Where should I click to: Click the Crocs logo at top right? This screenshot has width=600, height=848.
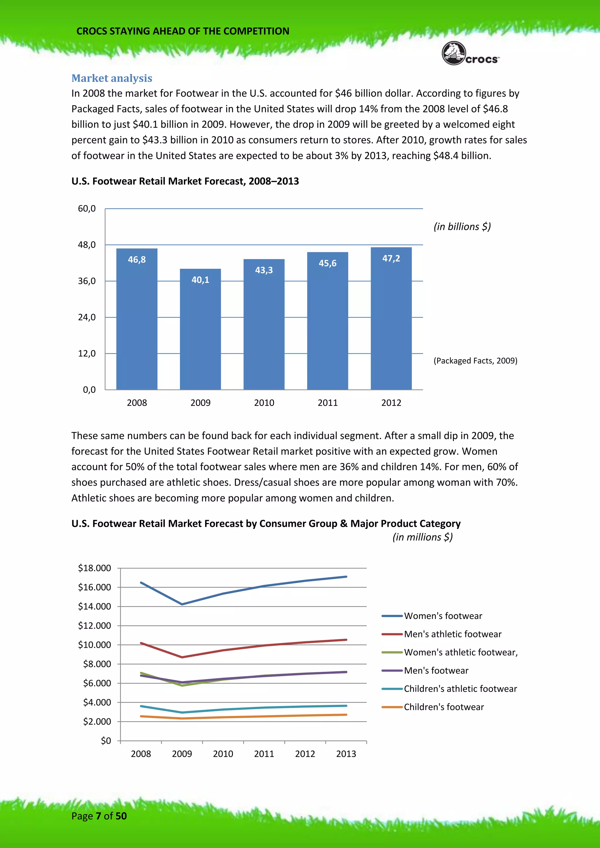pyautogui.click(x=470, y=54)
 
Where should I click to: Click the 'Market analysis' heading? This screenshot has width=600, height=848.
pyautogui.click(x=112, y=78)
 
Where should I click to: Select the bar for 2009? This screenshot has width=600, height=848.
pyautogui.click(x=200, y=329)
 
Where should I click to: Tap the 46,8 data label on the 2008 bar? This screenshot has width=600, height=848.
pyautogui.click(x=137, y=260)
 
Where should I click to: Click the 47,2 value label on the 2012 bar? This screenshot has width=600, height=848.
pyautogui.click(x=391, y=259)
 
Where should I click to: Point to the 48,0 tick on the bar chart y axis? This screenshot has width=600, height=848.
pyautogui.click(x=87, y=245)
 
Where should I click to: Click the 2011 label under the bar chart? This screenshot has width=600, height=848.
pyautogui.click(x=327, y=403)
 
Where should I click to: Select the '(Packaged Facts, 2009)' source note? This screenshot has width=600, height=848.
pyautogui.click(x=475, y=360)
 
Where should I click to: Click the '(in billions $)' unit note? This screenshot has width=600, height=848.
pyautogui.click(x=462, y=226)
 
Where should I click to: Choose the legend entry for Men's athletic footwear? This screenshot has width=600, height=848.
pyautogui.click(x=452, y=634)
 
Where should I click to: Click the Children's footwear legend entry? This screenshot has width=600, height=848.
pyautogui.click(x=443, y=707)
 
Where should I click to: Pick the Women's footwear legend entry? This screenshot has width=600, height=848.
pyautogui.click(x=443, y=616)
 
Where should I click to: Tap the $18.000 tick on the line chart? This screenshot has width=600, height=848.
pyautogui.click(x=95, y=568)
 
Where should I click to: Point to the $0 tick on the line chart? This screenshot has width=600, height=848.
pyautogui.click(x=106, y=741)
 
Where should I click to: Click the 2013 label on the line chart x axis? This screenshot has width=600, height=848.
pyautogui.click(x=346, y=754)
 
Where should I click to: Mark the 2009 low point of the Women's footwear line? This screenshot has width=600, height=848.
pyautogui.click(x=182, y=604)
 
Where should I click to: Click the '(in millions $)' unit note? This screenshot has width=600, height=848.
pyautogui.click(x=422, y=537)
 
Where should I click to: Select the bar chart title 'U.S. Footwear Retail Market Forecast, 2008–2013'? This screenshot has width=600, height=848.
pyautogui.click(x=185, y=181)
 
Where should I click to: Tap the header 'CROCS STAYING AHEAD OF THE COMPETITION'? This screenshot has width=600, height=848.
pyautogui.click(x=183, y=31)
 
